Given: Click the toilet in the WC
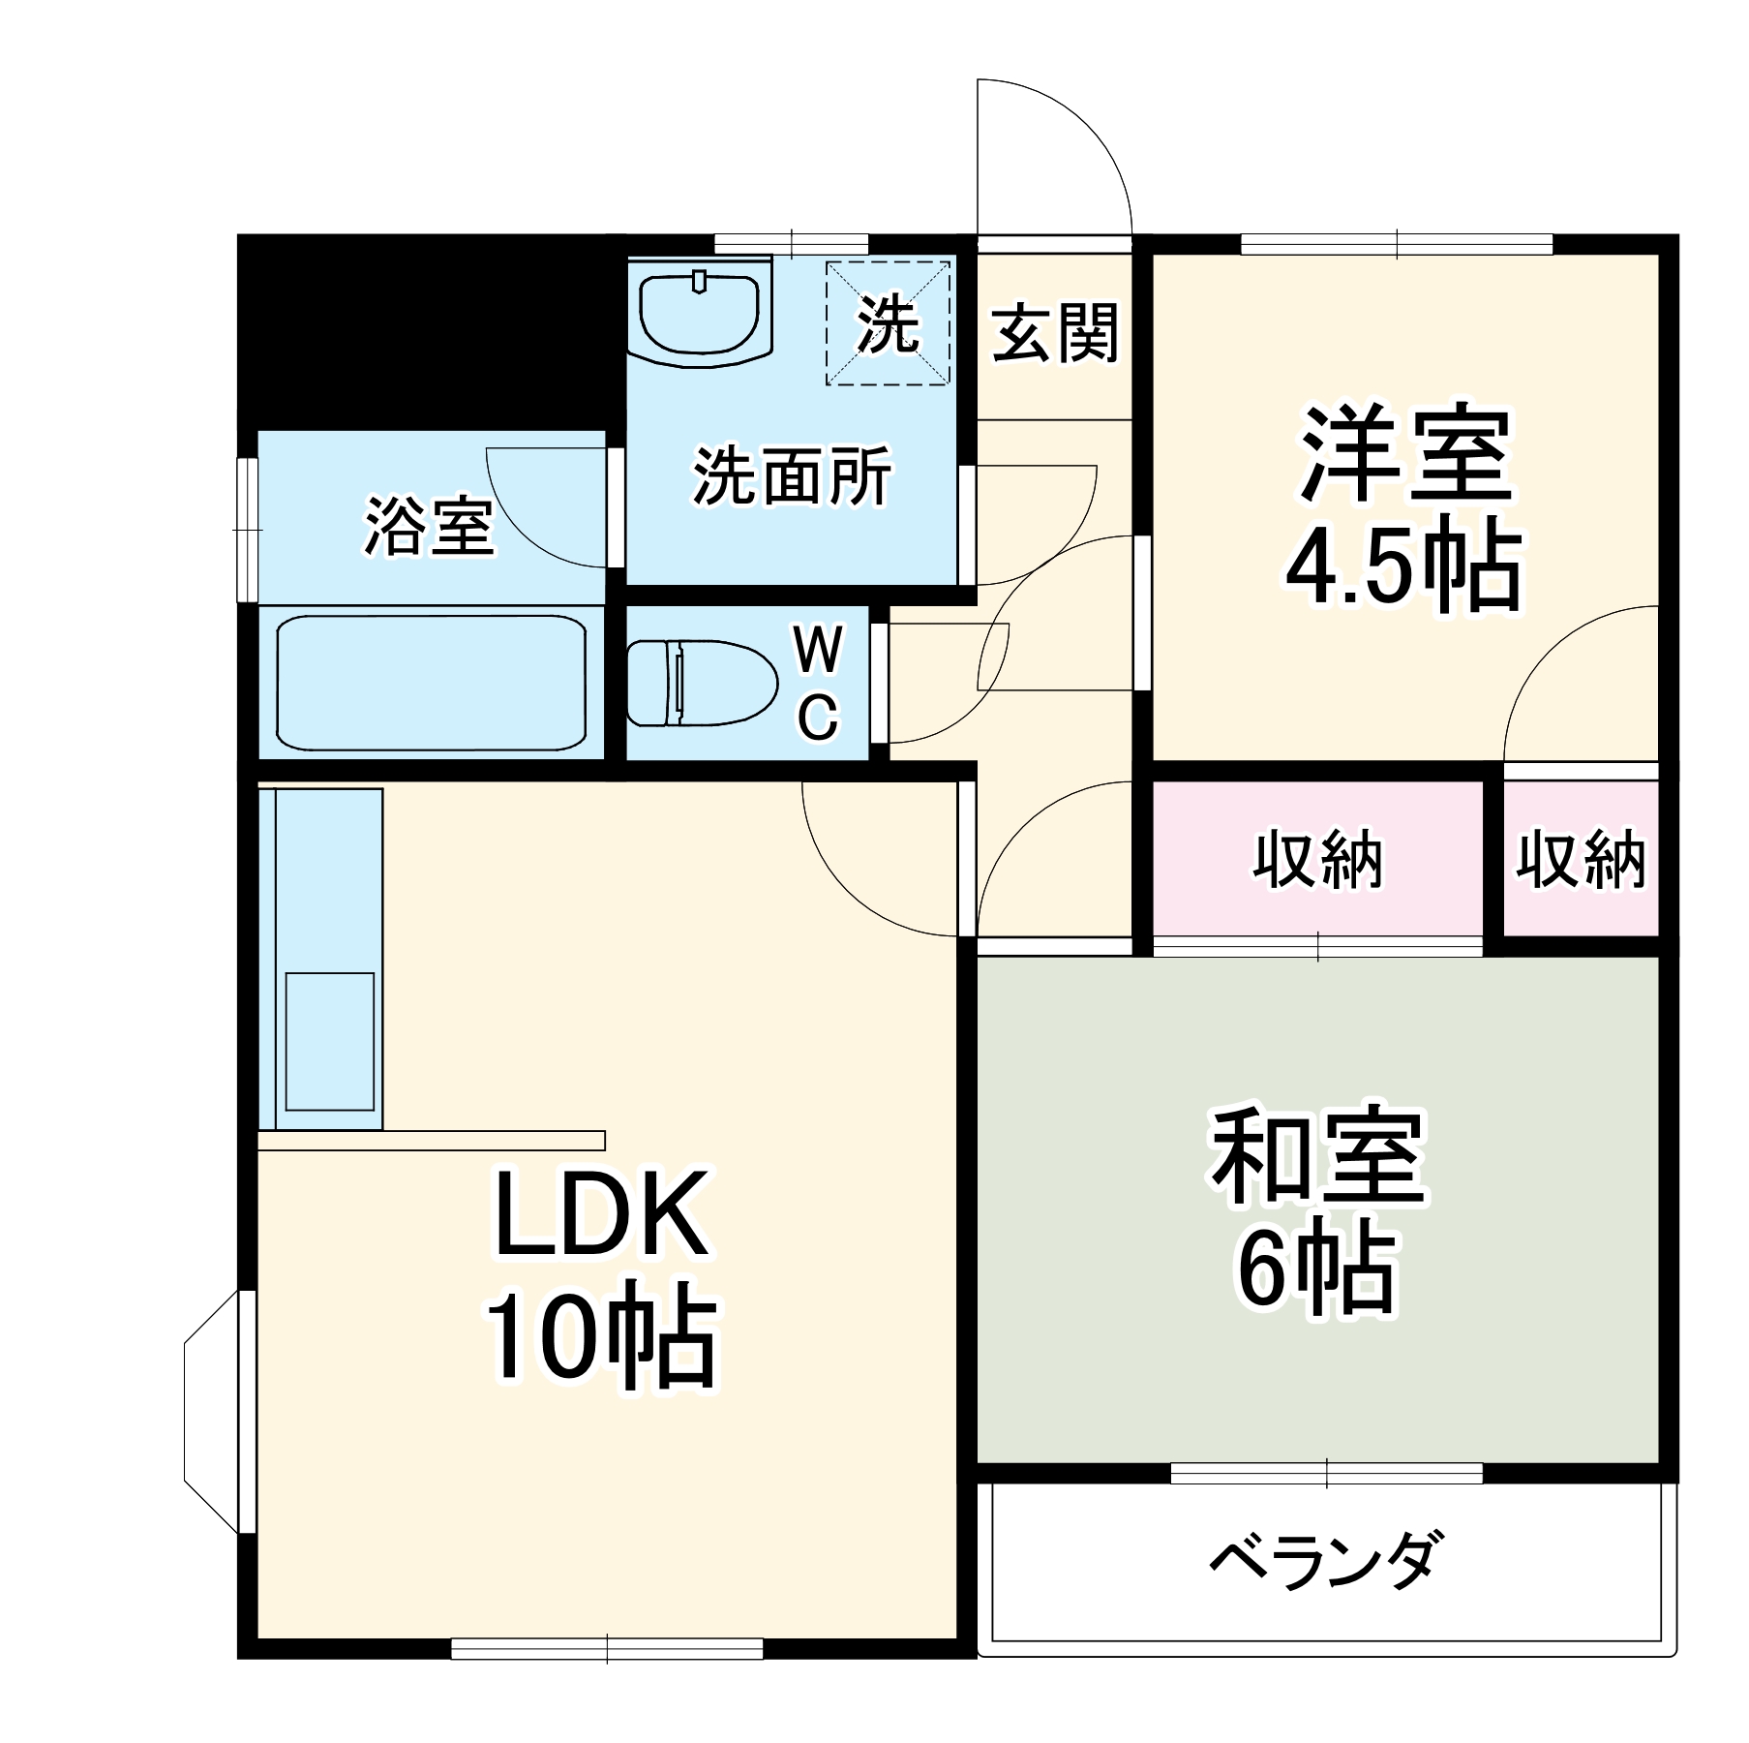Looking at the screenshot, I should coord(701,683).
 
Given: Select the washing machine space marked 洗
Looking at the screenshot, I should coord(888,323).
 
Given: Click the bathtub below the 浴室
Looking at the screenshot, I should coord(431,683).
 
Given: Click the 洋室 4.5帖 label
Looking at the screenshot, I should coord(1403,508).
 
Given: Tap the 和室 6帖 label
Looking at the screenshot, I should coord(1318,1210).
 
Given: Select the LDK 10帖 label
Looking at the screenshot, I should coord(600,1278).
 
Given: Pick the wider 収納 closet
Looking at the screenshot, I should coord(1317,859).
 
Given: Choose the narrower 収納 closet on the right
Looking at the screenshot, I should coord(1580,859).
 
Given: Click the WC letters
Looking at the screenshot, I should coord(818,683).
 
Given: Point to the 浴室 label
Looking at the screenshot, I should coord(430,528).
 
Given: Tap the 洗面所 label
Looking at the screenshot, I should coord(792,476).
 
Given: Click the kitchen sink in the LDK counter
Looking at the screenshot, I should coord(330,1041).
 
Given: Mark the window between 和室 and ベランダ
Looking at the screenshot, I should coord(1326,1474).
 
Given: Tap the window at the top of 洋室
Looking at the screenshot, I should coord(1397,244).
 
